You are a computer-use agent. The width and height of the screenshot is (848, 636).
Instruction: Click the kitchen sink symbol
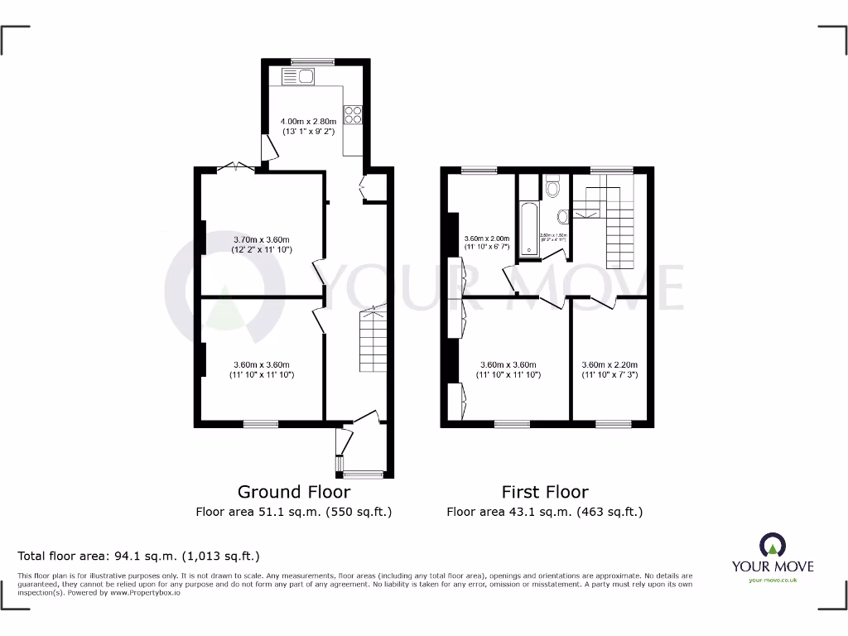pos(298,78)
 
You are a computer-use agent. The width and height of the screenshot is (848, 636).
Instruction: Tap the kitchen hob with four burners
pos(354,115)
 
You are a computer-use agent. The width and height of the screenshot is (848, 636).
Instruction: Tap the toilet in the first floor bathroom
pos(552,187)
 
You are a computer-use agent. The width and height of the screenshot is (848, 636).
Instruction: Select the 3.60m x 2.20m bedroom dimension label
pos(609,369)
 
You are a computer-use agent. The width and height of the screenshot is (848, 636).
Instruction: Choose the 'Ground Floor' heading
pos(293,492)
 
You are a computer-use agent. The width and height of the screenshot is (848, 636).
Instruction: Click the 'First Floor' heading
pos(545,492)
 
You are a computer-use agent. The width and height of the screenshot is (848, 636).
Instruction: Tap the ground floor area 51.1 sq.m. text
pos(293,512)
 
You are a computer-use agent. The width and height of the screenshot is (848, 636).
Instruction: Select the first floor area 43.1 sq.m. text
pos(545,512)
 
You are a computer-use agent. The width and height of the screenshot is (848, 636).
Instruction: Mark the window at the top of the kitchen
pos(313,61)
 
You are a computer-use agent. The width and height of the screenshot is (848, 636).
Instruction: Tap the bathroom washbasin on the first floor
pos(563,217)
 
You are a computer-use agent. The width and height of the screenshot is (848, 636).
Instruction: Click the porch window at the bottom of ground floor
pos(364,475)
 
